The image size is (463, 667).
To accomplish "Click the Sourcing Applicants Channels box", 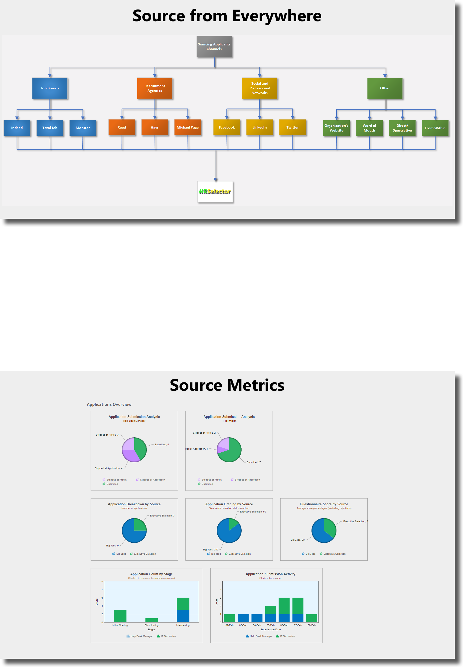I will [x=214, y=46].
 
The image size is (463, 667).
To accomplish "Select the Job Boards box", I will [x=50, y=88].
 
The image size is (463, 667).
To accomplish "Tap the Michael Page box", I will [x=187, y=127].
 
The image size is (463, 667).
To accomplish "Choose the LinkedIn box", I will [x=259, y=127].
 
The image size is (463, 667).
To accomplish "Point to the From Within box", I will [x=435, y=128].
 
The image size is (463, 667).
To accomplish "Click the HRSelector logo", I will [x=215, y=191].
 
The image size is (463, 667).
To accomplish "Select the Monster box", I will [x=83, y=128].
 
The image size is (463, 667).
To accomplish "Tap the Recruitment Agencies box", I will [x=154, y=88].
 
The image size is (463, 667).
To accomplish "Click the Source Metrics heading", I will [x=227, y=385].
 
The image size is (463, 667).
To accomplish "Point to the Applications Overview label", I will [x=109, y=404].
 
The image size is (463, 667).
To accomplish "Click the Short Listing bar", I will [x=152, y=620].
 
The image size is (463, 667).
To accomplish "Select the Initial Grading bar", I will [x=120, y=616].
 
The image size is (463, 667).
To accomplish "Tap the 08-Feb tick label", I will [x=311, y=625].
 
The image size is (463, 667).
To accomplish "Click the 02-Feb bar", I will [x=229, y=618].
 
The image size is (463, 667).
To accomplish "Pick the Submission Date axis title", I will [x=270, y=629].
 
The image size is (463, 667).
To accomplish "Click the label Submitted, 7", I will [x=254, y=462].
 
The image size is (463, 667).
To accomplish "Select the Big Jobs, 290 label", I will [x=211, y=549].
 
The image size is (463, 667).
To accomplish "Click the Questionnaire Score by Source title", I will [x=324, y=504].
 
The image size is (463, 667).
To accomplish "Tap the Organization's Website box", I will [x=336, y=128].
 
